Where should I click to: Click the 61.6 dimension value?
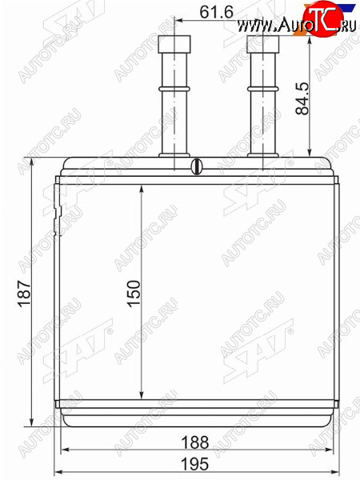217,12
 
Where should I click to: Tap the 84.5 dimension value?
302,98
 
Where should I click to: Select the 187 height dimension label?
24,294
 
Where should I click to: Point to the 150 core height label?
134,294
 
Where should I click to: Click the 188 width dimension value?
195,442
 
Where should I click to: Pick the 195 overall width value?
195,464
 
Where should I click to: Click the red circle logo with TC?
322,18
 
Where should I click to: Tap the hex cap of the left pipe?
174,44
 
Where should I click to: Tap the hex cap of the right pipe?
263,44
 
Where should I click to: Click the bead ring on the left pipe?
174,89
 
